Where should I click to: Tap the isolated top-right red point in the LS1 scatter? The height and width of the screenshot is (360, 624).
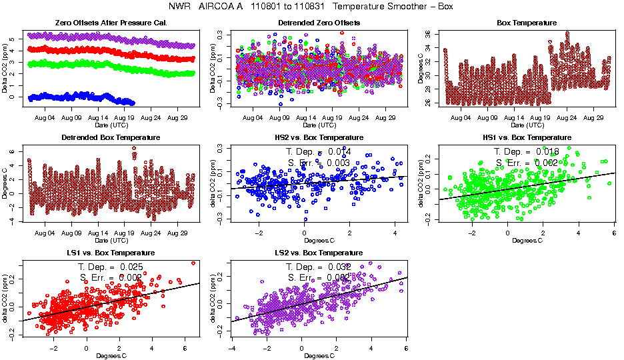[193, 263]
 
